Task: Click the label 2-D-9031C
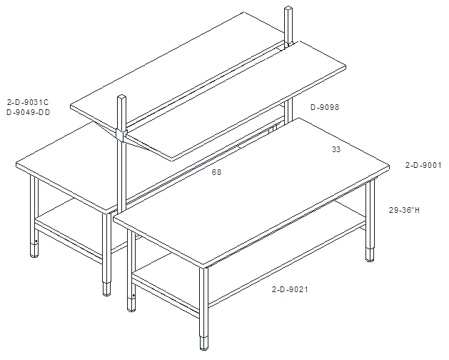tap(28, 102)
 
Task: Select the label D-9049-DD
tap(28, 112)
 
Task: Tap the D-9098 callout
tap(325, 107)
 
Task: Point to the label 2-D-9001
tap(423, 165)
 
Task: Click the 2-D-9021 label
tap(290, 289)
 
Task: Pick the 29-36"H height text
tap(404, 210)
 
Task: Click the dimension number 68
tap(216, 172)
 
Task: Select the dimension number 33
tap(336, 149)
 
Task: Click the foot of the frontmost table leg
tap(204, 344)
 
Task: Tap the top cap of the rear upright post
tap(288, 9)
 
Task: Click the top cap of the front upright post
tap(121, 97)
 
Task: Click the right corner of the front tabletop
tap(390, 166)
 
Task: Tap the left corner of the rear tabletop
tap(16, 164)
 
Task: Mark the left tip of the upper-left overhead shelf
tap(71, 106)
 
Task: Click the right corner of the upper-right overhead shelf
tap(345, 66)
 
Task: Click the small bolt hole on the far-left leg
tap(36, 241)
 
